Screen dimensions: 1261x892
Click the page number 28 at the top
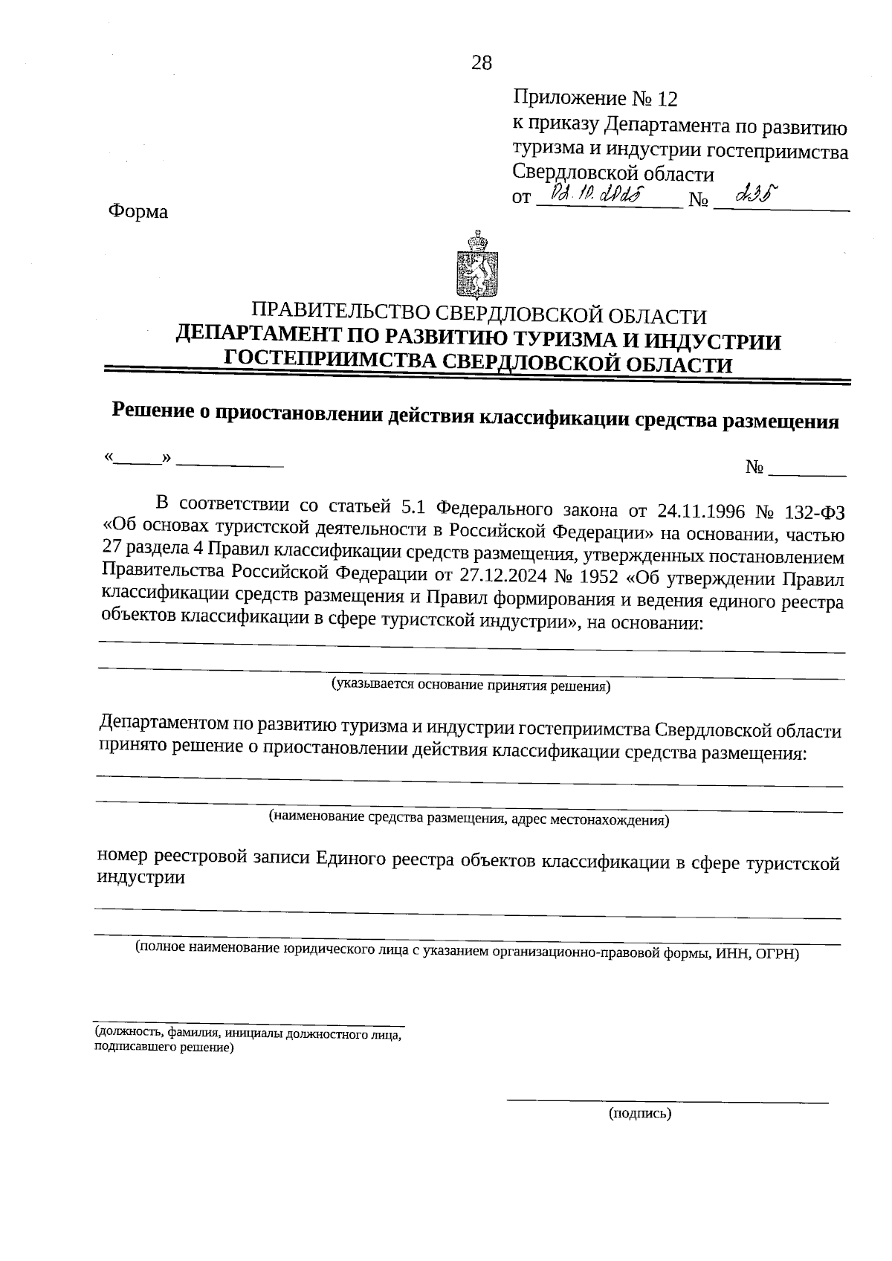click(x=482, y=63)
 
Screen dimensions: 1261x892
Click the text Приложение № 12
click(x=595, y=98)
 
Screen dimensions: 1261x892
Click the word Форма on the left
click(x=138, y=212)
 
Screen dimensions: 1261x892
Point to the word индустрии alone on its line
click(x=140, y=877)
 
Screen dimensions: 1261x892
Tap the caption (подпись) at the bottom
click(x=639, y=1113)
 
